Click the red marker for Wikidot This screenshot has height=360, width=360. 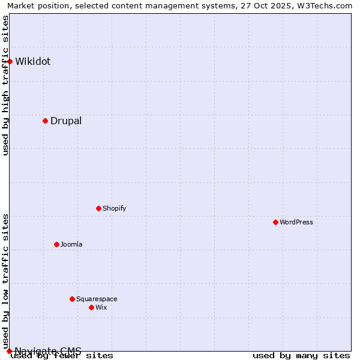click(x=10, y=61)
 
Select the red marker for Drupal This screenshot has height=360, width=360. click(x=45, y=121)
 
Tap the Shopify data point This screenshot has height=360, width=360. click(x=98, y=208)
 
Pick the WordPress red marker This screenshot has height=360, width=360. click(x=275, y=222)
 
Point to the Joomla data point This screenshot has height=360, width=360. click(x=56, y=244)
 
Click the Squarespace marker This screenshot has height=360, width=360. click(x=72, y=299)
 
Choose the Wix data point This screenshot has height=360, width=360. click(x=91, y=307)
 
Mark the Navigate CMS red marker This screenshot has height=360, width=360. click(x=10, y=351)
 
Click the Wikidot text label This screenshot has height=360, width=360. click(x=33, y=61)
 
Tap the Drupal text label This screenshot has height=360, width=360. click(x=66, y=121)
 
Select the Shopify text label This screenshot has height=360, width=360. click(x=114, y=208)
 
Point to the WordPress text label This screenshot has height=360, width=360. click(x=296, y=222)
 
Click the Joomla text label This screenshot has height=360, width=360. click(x=71, y=244)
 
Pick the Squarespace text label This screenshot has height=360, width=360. click(x=97, y=299)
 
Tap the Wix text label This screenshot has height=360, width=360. click(x=101, y=307)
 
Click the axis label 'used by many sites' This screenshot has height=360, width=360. click(x=301, y=356)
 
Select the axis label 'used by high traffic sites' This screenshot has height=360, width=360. click(x=6, y=85)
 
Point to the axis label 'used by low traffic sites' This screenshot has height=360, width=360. click(x=6, y=281)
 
